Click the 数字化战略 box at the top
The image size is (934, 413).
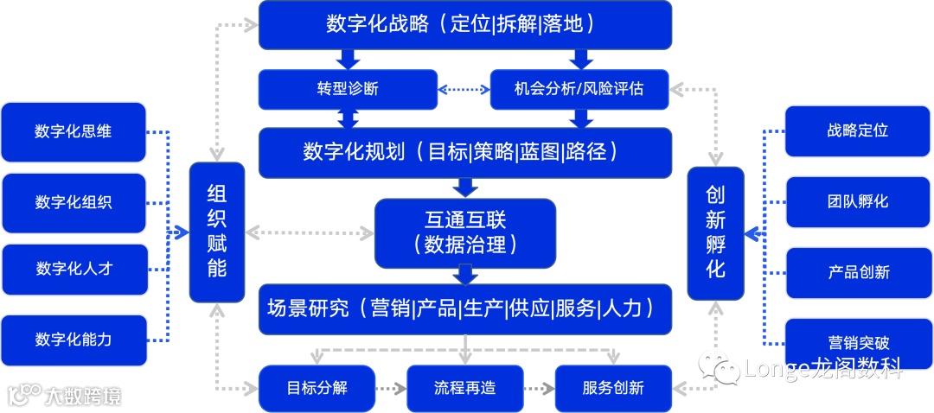(x=465, y=24)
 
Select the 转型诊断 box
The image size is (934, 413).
(x=347, y=89)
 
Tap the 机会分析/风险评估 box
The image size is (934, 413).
(x=580, y=89)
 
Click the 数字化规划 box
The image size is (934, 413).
(x=465, y=153)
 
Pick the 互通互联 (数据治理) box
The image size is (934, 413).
(x=465, y=232)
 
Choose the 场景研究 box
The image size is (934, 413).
(x=465, y=308)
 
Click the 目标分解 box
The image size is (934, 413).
(x=317, y=388)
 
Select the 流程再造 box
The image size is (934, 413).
(x=465, y=388)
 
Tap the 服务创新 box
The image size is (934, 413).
(x=613, y=388)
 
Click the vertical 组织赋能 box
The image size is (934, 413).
(x=217, y=232)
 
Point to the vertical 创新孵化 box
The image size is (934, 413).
(x=715, y=233)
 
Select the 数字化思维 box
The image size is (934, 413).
(x=74, y=132)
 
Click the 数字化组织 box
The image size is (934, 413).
(x=74, y=203)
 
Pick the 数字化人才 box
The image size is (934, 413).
(x=74, y=269)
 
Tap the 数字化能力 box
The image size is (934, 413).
(x=74, y=340)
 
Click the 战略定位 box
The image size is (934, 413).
(x=858, y=130)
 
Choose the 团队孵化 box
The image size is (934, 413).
(x=858, y=202)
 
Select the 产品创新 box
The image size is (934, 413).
(x=858, y=272)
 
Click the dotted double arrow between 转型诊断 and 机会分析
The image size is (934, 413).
(x=464, y=89)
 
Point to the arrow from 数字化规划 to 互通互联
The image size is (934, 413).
(x=466, y=187)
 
